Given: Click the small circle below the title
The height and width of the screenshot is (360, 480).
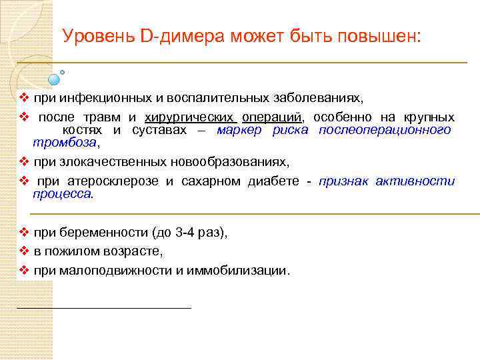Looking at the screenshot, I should [63, 72].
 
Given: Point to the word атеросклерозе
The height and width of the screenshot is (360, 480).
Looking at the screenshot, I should [117, 181].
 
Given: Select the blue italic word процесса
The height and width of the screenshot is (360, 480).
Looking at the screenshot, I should [62, 194].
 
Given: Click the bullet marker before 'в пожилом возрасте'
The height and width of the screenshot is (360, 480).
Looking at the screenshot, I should [23, 251].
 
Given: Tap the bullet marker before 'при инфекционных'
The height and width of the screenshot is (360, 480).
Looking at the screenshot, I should [23, 98].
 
